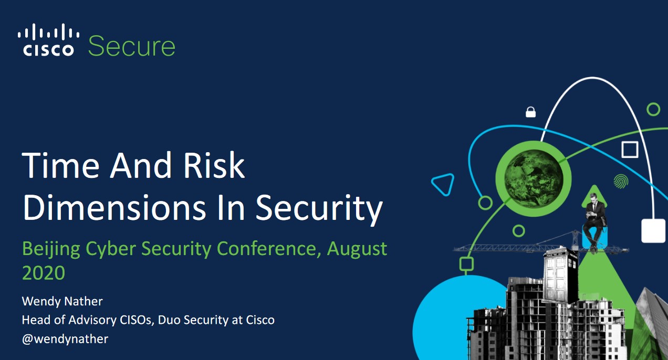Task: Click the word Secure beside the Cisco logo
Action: tap(131, 46)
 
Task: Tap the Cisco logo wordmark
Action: tap(48, 50)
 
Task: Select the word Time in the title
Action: tap(60, 165)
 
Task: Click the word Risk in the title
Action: tap(214, 165)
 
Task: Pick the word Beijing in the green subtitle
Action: tap(51, 249)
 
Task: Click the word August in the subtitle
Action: tap(357, 249)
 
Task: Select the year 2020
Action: tap(44, 273)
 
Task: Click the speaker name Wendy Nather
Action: tap(62, 301)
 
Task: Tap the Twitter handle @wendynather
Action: tap(65, 339)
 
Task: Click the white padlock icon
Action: tap(530, 112)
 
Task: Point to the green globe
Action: tap(534, 178)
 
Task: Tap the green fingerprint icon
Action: tap(621, 182)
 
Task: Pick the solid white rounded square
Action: tap(653, 231)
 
